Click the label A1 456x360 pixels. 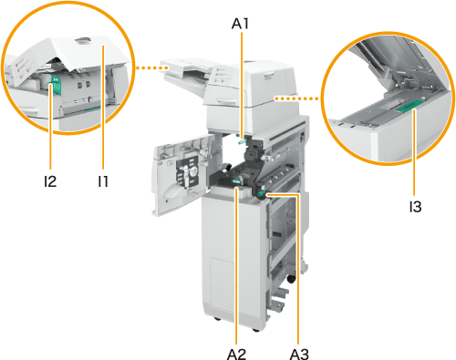[240, 24]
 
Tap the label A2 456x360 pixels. [236, 354]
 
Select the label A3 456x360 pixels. [299, 354]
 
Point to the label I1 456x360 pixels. [103, 181]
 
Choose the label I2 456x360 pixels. [50, 181]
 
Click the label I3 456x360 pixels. [415, 207]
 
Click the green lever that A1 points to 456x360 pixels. [243, 141]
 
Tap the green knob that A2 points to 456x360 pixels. [236, 181]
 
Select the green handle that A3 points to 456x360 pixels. [261, 193]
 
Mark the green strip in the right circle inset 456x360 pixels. [409, 105]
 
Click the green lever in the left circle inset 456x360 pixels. [55, 87]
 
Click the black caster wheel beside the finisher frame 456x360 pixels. [291, 279]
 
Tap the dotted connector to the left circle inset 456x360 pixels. [150, 68]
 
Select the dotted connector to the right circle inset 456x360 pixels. [296, 98]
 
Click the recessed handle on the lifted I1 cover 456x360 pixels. [83, 40]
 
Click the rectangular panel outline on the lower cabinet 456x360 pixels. [222, 285]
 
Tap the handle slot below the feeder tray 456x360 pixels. [226, 100]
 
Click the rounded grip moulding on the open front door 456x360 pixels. [174, 191]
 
